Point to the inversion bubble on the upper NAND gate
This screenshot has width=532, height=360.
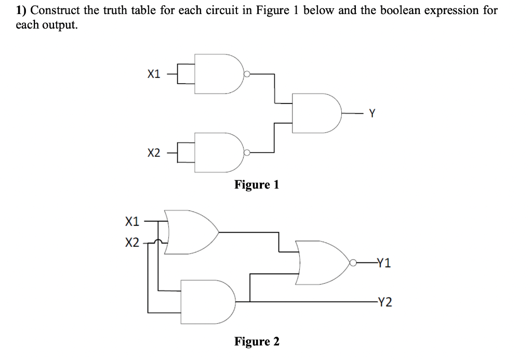tap(247, 74)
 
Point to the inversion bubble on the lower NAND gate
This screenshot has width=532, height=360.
tap(247, 153)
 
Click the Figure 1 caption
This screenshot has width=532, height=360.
tap(257, 184)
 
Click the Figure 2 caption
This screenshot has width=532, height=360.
tap(257, 341)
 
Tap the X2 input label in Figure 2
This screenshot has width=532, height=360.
tap(132, 243)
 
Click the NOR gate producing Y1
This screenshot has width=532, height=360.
tap(322, 263)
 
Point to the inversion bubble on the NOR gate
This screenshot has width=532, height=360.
tap(354, 263)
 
